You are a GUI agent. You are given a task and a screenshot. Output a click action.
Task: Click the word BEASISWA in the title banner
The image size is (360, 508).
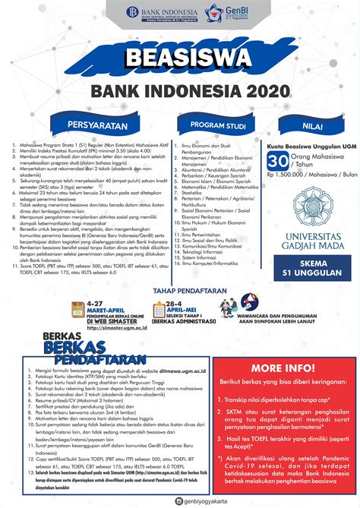[180, 58]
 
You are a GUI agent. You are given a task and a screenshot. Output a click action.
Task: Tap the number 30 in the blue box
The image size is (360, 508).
[276, 161]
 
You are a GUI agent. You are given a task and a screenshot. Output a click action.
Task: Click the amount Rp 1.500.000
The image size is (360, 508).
[284, 174]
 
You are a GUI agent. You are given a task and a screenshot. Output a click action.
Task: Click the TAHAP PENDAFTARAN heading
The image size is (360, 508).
[180, 292]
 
